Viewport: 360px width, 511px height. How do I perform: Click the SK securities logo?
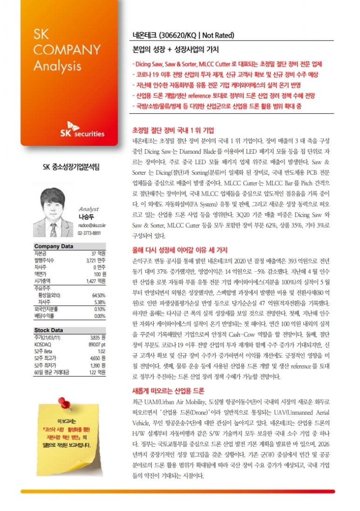85,130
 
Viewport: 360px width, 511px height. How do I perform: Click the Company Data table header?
54,246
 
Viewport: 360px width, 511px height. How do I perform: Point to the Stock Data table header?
49,330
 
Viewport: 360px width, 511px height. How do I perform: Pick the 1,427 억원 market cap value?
96,281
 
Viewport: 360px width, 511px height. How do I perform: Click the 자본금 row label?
41,253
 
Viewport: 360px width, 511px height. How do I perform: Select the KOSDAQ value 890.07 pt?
96,344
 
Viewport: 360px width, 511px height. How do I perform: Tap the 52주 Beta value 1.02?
101,351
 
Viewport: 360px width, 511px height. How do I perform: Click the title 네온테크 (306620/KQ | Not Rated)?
183,35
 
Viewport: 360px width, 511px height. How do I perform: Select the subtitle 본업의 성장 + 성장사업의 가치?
176,49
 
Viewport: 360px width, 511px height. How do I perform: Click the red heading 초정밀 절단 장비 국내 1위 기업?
173,129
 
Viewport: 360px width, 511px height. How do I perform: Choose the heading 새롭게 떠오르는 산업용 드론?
169,390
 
